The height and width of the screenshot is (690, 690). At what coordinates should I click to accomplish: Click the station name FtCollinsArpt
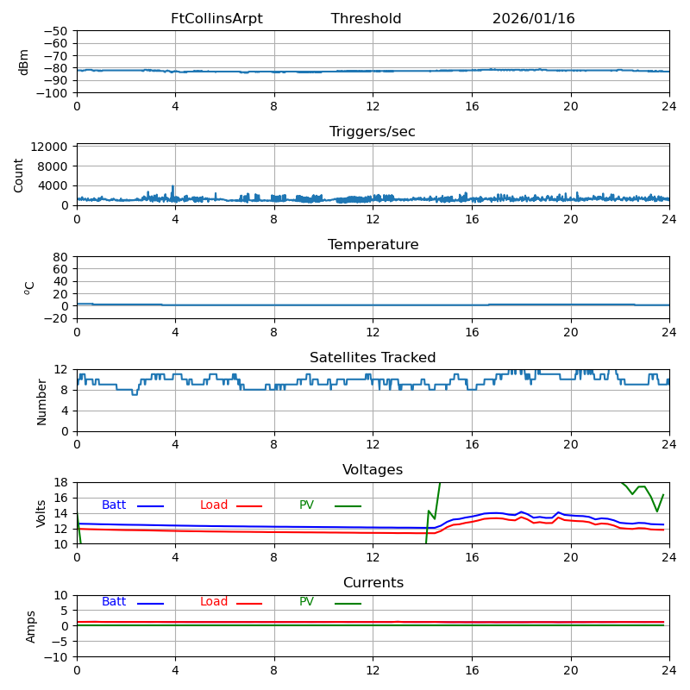pos(216,19)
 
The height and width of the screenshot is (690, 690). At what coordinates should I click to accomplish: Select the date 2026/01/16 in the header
pos(533,19)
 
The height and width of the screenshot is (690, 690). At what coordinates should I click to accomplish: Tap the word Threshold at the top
pos(366,19)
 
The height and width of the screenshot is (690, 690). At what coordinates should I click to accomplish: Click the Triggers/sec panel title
pos(373,132)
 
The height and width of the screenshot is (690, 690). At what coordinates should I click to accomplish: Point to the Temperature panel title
pos(373,245)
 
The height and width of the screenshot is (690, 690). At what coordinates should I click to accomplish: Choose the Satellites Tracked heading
pos(373,358)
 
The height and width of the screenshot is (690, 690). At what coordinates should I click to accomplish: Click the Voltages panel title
pos(373,470)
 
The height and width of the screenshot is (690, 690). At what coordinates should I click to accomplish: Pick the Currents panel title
pos(373,583)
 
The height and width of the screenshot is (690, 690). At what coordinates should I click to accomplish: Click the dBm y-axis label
pos(24,62)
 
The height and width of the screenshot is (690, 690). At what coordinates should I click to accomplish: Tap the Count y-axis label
pos(19,174)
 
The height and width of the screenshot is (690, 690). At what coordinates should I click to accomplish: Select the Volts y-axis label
pos(41,513)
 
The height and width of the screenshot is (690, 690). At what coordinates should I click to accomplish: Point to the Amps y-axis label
pos(31,626)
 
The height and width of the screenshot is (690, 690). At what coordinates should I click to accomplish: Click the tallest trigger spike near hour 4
pos(172,187)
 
